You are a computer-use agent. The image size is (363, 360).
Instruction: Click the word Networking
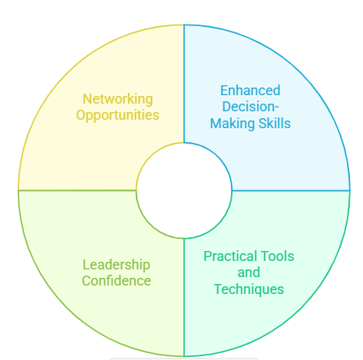pyautogui.click(x=117, y=99)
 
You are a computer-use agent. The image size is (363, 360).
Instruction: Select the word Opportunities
pyautogui.click(x=117, y=115)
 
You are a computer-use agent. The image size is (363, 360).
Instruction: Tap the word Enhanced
pyautogui.click(x=250, y=91)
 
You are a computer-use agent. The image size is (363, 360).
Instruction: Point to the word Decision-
pyautogui.click(x=250, y=107)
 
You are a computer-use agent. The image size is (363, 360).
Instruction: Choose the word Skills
pyautogui.click(x=275, y=123)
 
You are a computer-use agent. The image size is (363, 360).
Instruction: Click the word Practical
pyautogui.click(x=230, y=256)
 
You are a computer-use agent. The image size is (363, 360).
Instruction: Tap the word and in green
pyautogui.click(x=249, y=272)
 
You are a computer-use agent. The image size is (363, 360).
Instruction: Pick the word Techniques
pyautogui.click(x=249, y=289)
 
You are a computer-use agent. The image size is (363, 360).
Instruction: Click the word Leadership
pyautogui.click(x=117, y=265)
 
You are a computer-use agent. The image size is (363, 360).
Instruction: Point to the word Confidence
pyautogui.click(x=117, y=281)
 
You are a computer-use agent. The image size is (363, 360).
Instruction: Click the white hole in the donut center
pyautogui.click(x=184, y=190)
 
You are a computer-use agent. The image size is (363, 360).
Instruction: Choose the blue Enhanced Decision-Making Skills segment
pyautogui.click(x=294, y=154)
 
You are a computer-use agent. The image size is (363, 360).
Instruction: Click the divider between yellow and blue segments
pyautogui.click(x=184, y=84)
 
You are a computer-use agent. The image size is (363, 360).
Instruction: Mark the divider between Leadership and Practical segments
pyautogui.click(x=184, y=297)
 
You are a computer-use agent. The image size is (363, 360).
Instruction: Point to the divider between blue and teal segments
pyautogui.click(x=291, y=190)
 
